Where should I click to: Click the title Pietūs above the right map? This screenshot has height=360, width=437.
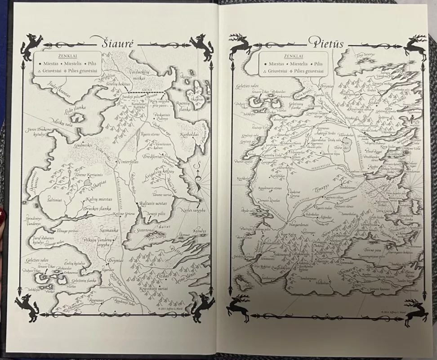pyautogui.click(x=326, y=43)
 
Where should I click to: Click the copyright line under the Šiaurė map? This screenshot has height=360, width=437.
pyautogui.click(x=172, y=309)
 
